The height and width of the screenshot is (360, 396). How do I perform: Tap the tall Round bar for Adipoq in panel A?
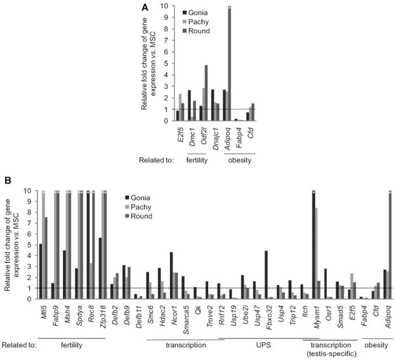[229, 63]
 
